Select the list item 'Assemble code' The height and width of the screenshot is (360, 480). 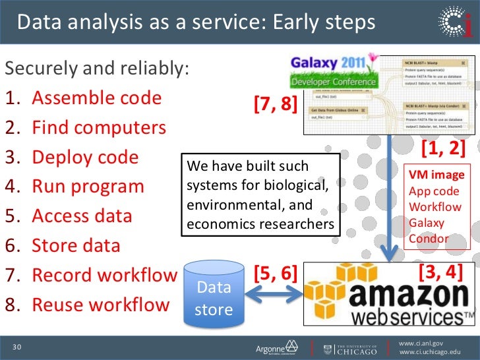(x=96, y=98)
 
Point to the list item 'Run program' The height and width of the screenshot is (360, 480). (x=88, y=186)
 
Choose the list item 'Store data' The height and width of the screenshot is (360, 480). (x=76, y=246)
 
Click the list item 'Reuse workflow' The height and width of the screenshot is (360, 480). (x=100, y=305)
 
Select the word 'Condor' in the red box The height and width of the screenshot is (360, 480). (x=429, y=239)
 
